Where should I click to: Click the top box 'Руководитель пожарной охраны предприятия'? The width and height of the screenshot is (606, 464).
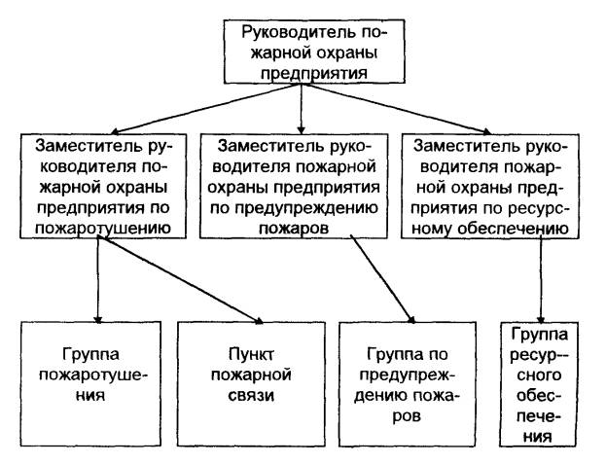coord(314,52)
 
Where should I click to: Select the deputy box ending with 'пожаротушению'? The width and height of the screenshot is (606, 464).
coord(103,186)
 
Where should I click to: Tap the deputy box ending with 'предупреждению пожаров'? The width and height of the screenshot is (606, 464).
coord(294,186)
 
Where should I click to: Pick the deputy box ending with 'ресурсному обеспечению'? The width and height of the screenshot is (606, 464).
coord(490,186)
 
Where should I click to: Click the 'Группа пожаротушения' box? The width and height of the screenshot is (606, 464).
coord(90,384)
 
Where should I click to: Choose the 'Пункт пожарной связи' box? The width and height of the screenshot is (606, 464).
coord(251,384)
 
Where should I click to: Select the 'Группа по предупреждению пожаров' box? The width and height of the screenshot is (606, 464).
coord(408,384)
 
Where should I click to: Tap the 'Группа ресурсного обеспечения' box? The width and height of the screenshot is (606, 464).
coord(539,384)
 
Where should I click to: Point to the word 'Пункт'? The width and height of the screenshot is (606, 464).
coord(251,354)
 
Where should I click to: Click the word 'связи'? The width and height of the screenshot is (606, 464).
coord(251,395)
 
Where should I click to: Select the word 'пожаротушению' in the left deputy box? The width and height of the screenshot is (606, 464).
coord(103,229)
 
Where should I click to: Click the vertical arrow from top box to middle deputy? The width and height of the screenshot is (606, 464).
coord(302,109)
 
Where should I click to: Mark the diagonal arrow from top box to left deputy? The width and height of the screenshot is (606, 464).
coord(205,109)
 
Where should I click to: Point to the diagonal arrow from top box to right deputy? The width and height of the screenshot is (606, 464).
coord(398,109)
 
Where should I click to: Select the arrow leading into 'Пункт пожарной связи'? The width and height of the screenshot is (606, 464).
coord(181,280)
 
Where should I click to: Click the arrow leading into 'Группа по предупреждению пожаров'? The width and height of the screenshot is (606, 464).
coord(382,278)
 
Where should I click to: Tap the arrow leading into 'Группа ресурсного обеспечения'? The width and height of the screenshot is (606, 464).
coord(541,280)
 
